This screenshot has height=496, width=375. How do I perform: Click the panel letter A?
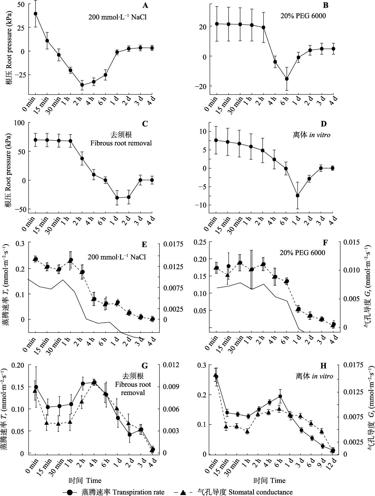pyautogui.click(x=145, y=5)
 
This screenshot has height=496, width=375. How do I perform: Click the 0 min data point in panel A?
pyautogui.click(x=35, y=13)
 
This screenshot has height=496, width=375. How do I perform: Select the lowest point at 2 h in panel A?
pyautogui.click(x=82, y=85)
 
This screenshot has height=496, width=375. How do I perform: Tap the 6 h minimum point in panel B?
pyautogui.click(x=287, y=79)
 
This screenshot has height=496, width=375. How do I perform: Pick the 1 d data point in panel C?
pyautogui.click(x=117, y=198)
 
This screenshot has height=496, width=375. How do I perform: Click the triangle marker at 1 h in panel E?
pyautogui.click(x=70, y=260)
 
